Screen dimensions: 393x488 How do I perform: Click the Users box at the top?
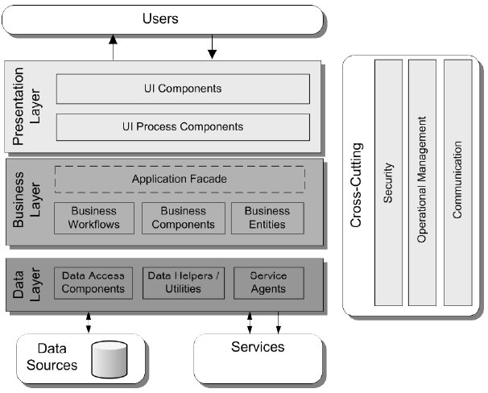161,19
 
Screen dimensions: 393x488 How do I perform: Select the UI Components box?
183,89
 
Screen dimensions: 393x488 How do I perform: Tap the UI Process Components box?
183,127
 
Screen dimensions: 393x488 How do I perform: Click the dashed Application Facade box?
180,179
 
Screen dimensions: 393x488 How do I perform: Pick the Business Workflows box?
94,217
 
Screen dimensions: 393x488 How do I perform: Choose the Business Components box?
183,217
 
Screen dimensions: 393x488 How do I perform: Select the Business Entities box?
267,217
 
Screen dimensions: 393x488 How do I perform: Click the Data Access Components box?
93,283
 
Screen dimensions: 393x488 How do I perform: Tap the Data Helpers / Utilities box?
182,283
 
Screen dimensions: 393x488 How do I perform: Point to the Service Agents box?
268,283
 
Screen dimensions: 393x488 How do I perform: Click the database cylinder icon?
110,359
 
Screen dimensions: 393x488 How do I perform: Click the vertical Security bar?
388,182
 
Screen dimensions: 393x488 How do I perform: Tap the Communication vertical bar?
457,182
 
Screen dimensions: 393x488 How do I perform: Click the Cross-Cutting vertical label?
358,185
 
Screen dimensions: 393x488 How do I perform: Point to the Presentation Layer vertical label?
26,105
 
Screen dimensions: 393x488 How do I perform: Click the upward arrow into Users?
114,48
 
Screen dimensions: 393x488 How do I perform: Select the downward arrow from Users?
213,48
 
